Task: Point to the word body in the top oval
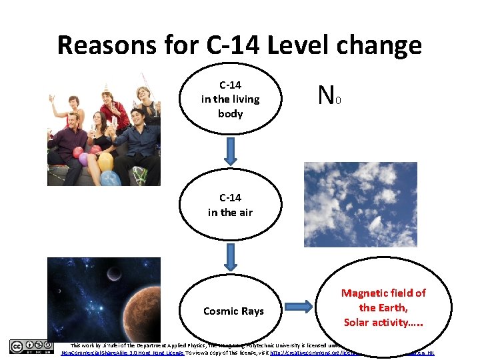point(230,113)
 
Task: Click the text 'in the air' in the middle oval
point(230,212)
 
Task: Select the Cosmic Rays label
point(233,311)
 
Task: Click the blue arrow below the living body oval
point(230,151)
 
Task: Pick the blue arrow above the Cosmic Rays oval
point(230,256)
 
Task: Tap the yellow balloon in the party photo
point(106,161)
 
